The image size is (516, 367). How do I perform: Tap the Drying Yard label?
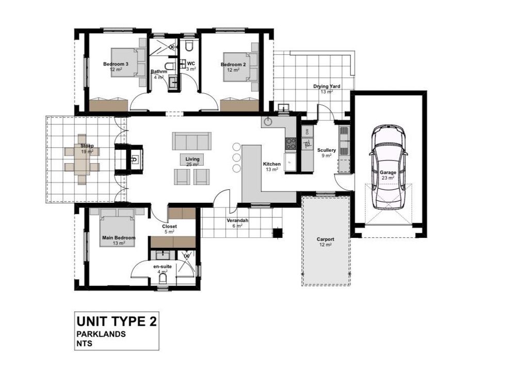(327, 86)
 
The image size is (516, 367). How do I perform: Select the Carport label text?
(325, 240)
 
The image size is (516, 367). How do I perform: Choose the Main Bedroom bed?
(117, 227)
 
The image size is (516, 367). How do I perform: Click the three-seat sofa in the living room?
(191, 141)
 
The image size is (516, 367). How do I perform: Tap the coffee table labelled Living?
(192, 159)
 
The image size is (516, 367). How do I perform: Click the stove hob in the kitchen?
(291, 144)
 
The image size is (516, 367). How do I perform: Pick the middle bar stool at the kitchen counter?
(237, 157)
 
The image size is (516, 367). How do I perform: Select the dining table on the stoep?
(82, 159)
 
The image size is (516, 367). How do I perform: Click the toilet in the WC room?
(188, 46)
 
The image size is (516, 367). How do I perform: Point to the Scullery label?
(327, 150)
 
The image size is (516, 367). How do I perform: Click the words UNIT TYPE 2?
(117, 321)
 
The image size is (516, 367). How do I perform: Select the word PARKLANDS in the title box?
(101, 334)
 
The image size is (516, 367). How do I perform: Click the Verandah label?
(237, 220)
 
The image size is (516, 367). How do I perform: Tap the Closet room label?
(169, 227)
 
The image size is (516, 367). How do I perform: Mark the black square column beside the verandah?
(278, 232)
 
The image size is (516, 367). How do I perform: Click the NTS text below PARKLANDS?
(84, 344)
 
